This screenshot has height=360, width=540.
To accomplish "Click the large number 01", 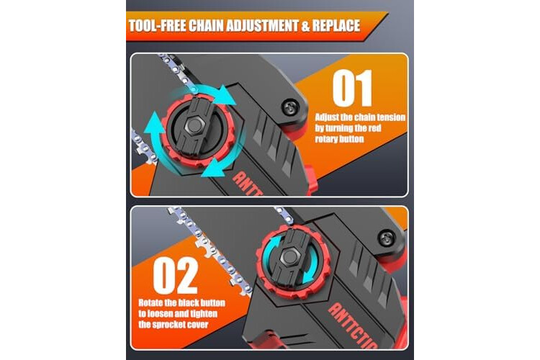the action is tap(353, 88).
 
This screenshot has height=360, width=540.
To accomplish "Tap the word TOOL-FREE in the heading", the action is tap(157, 26).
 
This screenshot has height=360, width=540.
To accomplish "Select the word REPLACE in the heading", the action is tap(336, 26).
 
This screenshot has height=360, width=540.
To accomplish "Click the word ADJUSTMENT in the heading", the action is tap(264, 26).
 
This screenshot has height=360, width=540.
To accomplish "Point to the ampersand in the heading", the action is tap(306, 26).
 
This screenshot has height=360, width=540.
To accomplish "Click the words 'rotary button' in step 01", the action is tap(339, 139).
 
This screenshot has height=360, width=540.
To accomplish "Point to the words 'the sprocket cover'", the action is tap(174, 325).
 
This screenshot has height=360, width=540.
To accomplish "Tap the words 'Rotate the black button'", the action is tap(182, 303).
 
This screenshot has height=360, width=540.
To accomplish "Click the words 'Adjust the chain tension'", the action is tap(360, 117).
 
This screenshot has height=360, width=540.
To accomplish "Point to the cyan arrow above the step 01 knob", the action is tap(214, 92).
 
